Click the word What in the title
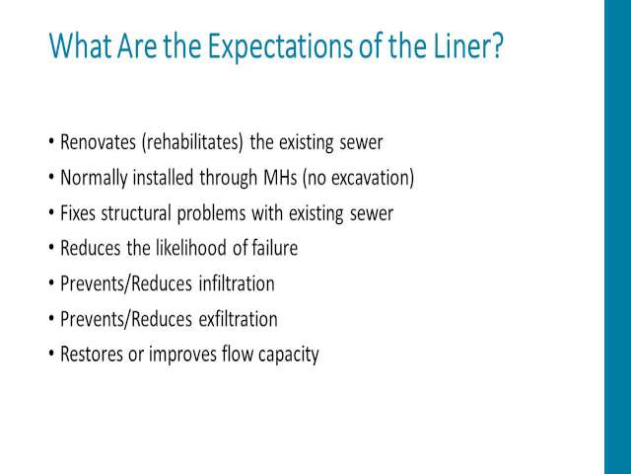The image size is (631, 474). (x=80, y=45)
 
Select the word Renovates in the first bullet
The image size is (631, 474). (x=98, y=142)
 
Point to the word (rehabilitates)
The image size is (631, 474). (x=192, y=142)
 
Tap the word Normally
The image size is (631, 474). (x=94, y=179)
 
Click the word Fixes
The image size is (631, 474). (x=78, y=213)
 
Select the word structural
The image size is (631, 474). (x=136, y=213)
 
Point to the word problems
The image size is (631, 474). (x=211, y=214)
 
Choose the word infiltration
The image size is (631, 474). (x=237, y=283)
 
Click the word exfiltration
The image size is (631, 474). (x=238, y=319)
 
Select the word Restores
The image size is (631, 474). (x=92, y=355)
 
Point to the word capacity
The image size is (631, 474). (x=288, y=355)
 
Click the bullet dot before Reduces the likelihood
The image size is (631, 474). (x=51, y=248)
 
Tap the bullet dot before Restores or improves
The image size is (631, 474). (x=51, y=355)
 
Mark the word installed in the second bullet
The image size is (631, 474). (x=163, y=178)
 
